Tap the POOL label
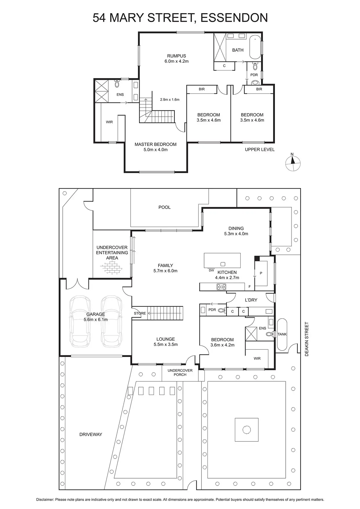point(165,207)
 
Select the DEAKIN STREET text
point(307,339)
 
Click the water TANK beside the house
point(282,334)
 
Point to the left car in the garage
point(80,321)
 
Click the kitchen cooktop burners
point(221,287)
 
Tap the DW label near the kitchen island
point(211,270)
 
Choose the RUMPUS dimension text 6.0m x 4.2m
point(177,61)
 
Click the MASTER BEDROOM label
point(156,144)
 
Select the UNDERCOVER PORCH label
point(180,372)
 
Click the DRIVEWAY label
point(91,434)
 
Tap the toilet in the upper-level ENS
point(117,84)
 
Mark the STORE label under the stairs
point(140,313)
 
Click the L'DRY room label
point(251,300)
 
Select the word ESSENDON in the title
point(234,18)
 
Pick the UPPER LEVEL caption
point(260,149)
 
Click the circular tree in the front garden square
point(246,430)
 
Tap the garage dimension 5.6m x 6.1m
point(96,320)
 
